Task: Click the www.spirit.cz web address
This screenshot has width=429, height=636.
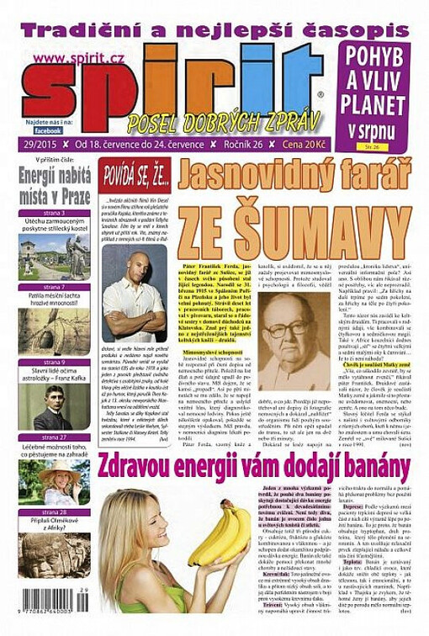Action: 67,56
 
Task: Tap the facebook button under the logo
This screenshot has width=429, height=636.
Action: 49,130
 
